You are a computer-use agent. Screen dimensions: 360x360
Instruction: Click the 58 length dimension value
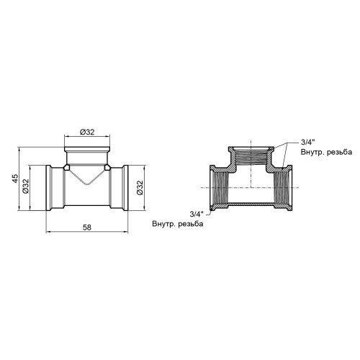[x=87, y=228]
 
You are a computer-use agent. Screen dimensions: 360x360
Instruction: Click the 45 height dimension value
[x=15, y=179]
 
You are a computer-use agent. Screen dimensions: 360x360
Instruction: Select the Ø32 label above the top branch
[x=87, y=132]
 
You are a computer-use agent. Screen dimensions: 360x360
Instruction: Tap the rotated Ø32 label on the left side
[x=26, y=186]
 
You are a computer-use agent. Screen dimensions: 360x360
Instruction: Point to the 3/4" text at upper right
[x=307, y=142]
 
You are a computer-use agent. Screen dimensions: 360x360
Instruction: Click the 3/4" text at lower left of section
[x=197, y=214]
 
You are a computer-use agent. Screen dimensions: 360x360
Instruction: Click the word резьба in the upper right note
[x=340, y=152]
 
